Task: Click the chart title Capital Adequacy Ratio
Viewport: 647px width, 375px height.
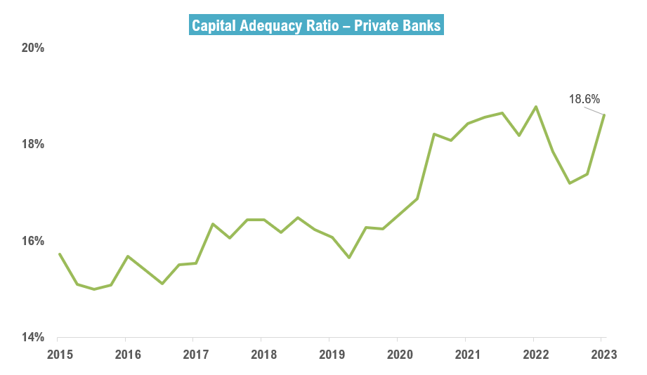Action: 316,25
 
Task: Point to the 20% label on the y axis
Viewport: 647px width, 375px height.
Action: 33,48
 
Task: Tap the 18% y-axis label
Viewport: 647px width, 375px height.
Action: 33,145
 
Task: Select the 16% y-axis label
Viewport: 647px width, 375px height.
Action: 33,242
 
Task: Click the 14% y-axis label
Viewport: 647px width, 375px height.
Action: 33,338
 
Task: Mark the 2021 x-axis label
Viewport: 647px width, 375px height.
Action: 466,354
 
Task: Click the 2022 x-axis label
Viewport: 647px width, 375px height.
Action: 535,354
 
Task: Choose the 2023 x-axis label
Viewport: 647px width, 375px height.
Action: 603,354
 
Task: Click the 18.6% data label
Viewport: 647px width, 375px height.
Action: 584,100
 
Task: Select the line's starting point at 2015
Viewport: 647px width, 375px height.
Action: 59,254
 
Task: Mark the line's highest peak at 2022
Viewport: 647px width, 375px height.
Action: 536,107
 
